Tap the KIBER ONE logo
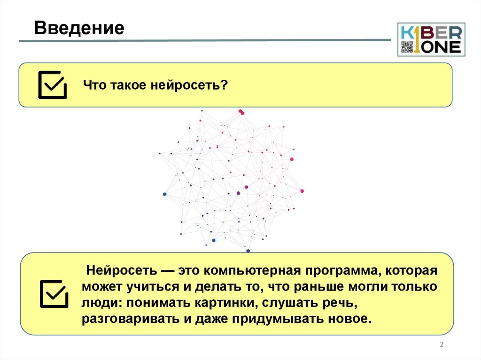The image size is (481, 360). point(431,39)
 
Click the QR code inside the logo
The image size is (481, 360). point(406,46)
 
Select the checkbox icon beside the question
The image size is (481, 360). point(52,84)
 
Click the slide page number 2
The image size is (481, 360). point(442,345)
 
